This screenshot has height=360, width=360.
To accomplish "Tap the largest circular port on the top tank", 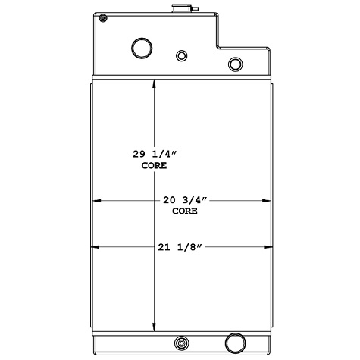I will pos(142,48).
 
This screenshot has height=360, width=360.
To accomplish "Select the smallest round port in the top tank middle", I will pos(181,55).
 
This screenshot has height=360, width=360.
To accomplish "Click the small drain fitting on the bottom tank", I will pos(182,342).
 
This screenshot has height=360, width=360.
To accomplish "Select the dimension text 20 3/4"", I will pos(185,200).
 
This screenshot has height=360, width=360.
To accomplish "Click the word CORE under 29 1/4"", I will pos(154,164).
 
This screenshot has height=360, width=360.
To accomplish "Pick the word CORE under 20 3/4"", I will pos(185,211).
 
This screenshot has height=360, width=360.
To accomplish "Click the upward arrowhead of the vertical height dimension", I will pos(155,83).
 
